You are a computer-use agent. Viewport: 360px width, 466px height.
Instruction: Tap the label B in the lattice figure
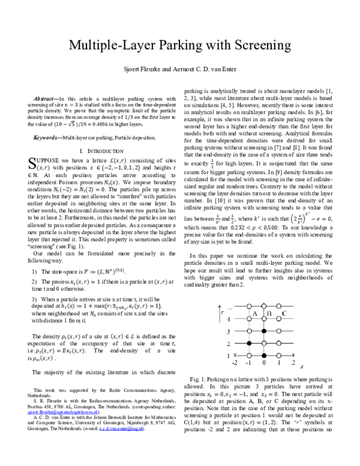(x=269, y=313)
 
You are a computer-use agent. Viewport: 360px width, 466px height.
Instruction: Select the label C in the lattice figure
(x=284, y=313)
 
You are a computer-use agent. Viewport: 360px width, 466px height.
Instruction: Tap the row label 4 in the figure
(x=228, y=318)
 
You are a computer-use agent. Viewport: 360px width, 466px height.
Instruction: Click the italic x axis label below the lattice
(x=301, y=368)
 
